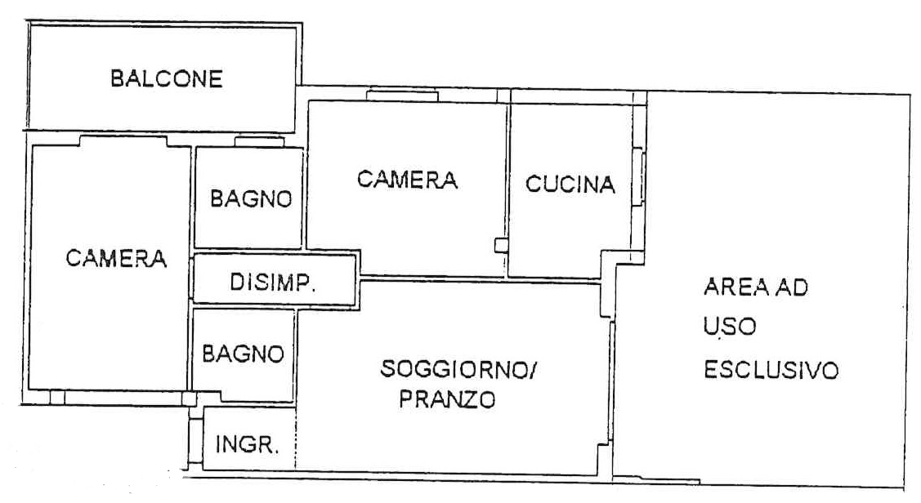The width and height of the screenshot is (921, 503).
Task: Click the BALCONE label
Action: (x=167, y=78)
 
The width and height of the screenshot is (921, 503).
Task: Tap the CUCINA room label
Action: (x=570, y=185)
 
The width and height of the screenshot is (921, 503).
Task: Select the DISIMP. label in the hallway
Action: (x=273, y=283)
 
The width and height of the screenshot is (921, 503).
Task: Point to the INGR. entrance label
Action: (x=247, y=444)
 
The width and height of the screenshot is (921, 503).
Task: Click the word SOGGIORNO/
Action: (x=458, y=369)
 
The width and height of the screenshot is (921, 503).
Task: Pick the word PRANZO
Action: (x=448, y=399)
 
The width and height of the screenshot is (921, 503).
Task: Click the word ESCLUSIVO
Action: (x=771, y=371)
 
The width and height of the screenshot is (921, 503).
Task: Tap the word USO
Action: (x=730, y=327)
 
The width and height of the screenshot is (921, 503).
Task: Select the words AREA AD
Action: (x=756, y=287)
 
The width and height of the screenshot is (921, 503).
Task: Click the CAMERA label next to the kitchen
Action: (x=407, y=180)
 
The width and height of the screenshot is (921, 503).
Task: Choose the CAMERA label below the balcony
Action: (x=116, y=258)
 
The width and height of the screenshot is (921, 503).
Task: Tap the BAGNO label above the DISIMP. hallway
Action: (x=252, y=199)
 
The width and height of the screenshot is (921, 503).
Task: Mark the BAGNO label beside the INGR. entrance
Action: (x=244, y=354)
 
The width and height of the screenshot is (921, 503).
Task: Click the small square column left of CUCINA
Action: (x=501, y=245)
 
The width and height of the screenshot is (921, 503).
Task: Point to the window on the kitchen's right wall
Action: (x=638, y=177)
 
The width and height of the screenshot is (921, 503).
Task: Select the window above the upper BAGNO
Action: (x=259, y=141)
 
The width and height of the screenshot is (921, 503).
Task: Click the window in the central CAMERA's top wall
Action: (x=402, y=95)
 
